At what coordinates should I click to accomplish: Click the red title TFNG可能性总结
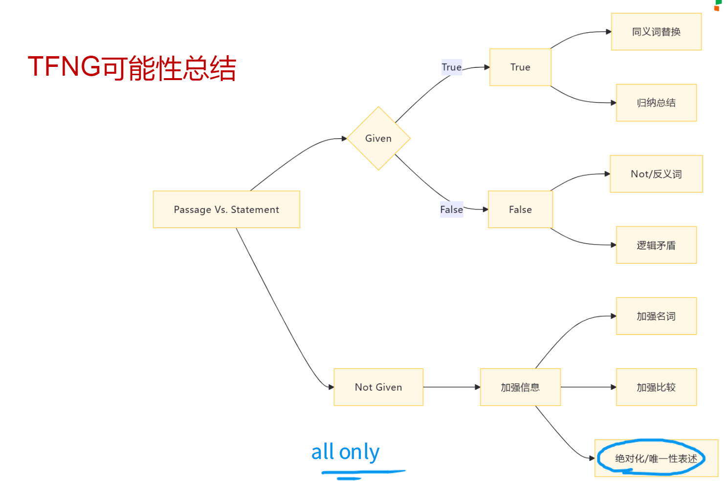point(132,67)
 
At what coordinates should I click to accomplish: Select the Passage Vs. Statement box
point(226,209)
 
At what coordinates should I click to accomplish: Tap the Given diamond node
point(378,138)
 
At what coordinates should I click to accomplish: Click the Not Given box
point(378,387)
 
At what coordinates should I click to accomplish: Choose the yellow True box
point(520,67)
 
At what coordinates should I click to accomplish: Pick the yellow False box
point(520,209)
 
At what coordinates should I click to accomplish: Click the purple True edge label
point(451,67)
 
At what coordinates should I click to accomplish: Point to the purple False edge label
point(451,209)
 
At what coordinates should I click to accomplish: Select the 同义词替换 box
point(656,32)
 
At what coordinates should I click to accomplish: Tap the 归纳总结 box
point(656,103)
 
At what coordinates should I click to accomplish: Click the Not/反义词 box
point(656,174)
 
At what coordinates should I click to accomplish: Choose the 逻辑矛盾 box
point(656,245)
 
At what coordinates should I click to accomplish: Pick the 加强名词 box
point(656,316)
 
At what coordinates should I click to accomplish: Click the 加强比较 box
point(656,387)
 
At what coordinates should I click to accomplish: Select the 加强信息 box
point(520,387)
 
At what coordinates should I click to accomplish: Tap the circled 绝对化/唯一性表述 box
point(656,459)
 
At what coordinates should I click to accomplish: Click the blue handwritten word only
point(359,453)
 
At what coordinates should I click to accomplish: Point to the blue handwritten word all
point(323,452)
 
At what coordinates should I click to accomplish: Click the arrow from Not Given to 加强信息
point(452,387)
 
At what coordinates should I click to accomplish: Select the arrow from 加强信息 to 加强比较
point(588,387)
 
